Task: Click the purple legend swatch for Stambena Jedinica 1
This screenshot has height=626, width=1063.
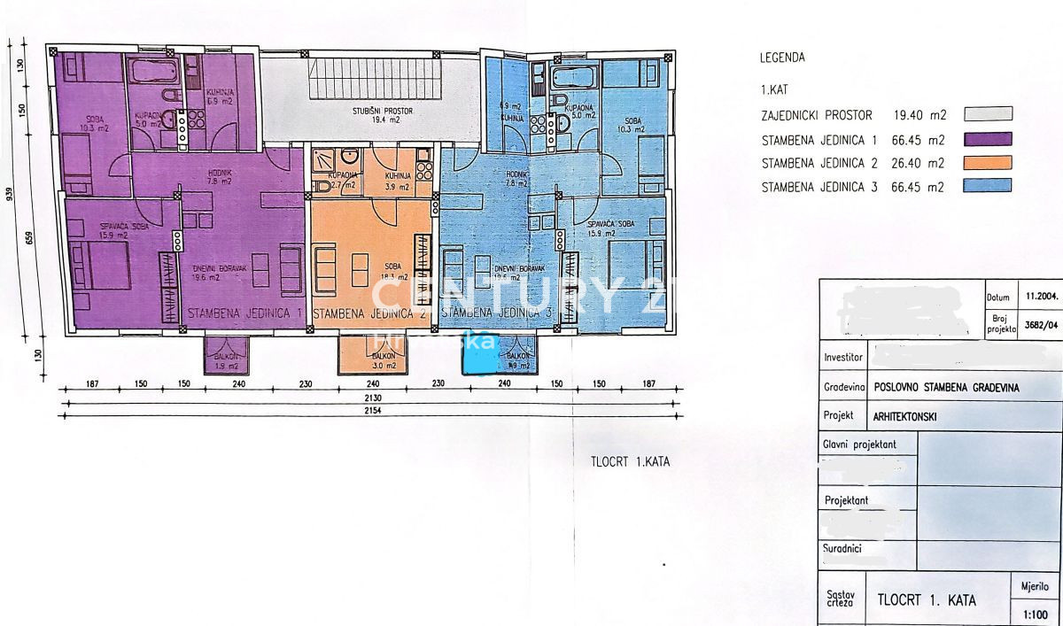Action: [x=988, y=138]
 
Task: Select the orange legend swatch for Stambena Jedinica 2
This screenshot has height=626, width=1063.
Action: [x=988, y=162]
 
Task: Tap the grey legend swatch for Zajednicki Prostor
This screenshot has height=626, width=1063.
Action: [x=988, y=113]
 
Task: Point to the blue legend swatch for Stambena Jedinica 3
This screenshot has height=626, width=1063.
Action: [x=988, y=186]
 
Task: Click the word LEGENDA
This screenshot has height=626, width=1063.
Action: [x=782, y=58]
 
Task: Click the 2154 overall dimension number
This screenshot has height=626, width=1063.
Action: [x=372, y=416]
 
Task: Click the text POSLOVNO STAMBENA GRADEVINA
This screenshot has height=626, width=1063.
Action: [x=946, y=387]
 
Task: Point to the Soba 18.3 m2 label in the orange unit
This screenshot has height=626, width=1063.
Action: [x=386, y=270]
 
